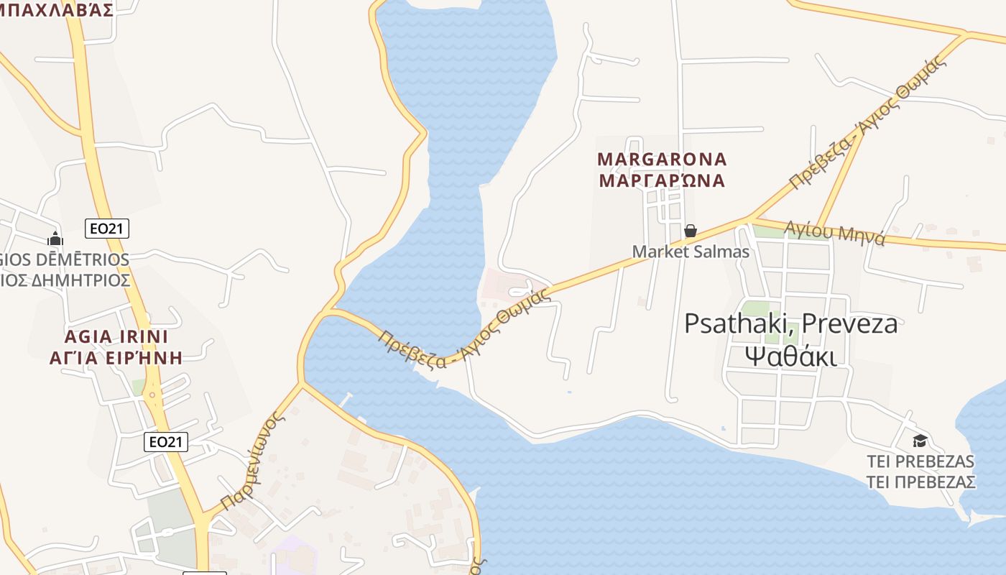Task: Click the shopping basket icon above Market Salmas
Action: [690, 231]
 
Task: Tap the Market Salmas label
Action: [691, 252]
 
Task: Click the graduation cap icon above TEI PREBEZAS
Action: [919, 441]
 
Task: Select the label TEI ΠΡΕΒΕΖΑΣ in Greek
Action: [920, 481]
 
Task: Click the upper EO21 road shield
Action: [106, 229]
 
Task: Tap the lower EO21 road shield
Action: [166, 441]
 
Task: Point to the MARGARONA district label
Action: [662, 159]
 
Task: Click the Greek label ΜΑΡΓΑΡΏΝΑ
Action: [662, 180]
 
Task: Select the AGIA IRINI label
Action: [116, 336]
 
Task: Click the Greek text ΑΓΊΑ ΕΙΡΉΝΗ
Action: [116, 357]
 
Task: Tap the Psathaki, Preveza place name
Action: [790, 323]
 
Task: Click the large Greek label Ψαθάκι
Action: [790, 355]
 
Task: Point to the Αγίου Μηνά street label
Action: [834, 233]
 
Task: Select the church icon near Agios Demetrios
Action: [55, 239]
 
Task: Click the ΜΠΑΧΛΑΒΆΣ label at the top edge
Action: [57, 9]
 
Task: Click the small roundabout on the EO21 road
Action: [152, 394]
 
